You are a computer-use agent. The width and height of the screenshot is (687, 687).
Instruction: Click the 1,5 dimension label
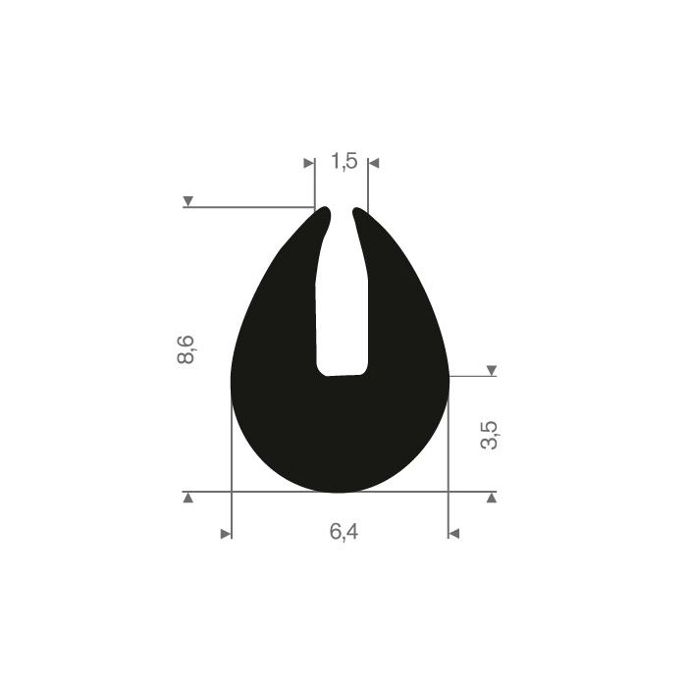tap(343, 161)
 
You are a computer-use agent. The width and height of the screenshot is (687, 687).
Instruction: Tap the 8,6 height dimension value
tap(185, 349)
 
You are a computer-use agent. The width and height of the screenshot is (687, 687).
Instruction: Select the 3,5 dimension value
tap(489, 435)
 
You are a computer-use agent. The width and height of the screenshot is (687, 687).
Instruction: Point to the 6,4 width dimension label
tap(343, 532)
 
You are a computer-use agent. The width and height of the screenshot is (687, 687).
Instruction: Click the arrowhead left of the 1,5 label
tap(309, 164)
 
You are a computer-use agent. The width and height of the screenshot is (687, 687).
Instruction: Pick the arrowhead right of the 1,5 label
tap(374, 164)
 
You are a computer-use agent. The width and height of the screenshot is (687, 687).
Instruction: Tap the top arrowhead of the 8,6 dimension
tap(188, 201)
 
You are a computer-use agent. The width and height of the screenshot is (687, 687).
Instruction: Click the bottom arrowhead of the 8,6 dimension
tap(188, 498)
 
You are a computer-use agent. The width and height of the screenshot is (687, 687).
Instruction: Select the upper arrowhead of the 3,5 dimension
tap(492, 370)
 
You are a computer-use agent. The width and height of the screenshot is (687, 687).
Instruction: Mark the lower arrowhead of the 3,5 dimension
tap(492, 498)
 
